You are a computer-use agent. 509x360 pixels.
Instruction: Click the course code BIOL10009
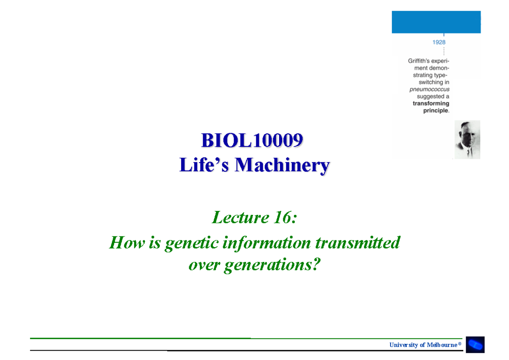252,141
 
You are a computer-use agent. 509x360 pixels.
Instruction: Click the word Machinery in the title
282,165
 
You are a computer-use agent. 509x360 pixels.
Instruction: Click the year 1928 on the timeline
439,42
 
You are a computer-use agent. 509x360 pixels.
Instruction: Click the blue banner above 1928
436,22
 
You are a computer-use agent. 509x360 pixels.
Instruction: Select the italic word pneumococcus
429,89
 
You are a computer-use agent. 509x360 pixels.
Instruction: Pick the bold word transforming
431,104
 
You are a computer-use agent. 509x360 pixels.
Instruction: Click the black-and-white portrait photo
467,140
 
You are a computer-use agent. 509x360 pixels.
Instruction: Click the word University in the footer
403,345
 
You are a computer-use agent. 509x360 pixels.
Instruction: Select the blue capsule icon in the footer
475,345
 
